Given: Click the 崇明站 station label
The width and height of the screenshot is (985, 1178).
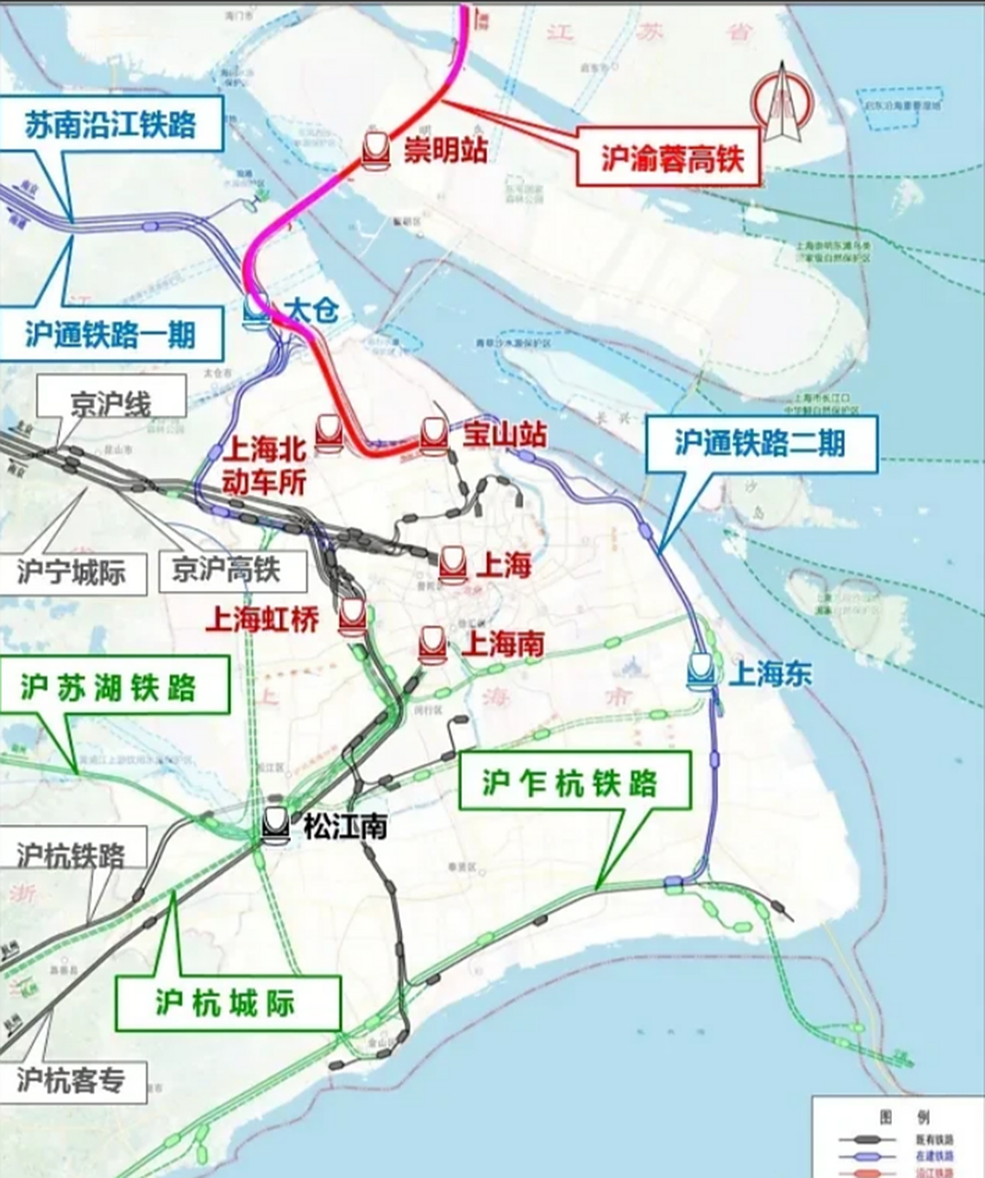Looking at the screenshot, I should (x=446, y=150).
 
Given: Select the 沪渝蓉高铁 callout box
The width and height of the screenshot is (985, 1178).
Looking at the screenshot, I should (x=671, y=159).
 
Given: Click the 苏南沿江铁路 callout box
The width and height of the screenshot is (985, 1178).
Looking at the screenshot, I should (x=110, y=123).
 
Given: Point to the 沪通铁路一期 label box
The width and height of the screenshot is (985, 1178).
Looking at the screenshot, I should (x=110, y=332).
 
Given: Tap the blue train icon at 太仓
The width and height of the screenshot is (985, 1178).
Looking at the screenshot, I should (x=257, y=311).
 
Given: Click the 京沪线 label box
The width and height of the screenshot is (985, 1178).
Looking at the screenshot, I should (x=110, y=404).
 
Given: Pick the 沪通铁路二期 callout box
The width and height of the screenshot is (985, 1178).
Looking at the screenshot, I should (x=759, y=444).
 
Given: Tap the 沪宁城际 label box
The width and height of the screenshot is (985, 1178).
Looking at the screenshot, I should (x=70, y=573).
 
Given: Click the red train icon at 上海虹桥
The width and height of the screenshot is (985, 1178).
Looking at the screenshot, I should (x=353, y=617).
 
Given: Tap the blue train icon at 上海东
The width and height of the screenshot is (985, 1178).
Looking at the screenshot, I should (x=701, y=671).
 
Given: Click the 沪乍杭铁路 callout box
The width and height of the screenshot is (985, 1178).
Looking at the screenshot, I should (x=571, y=782).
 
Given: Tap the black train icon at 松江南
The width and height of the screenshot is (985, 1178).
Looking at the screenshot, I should (x=275, y=825).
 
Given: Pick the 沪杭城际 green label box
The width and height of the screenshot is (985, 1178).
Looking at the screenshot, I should (x=226, y=1003).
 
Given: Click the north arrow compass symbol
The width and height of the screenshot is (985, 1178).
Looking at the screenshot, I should (x=780, y=104).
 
